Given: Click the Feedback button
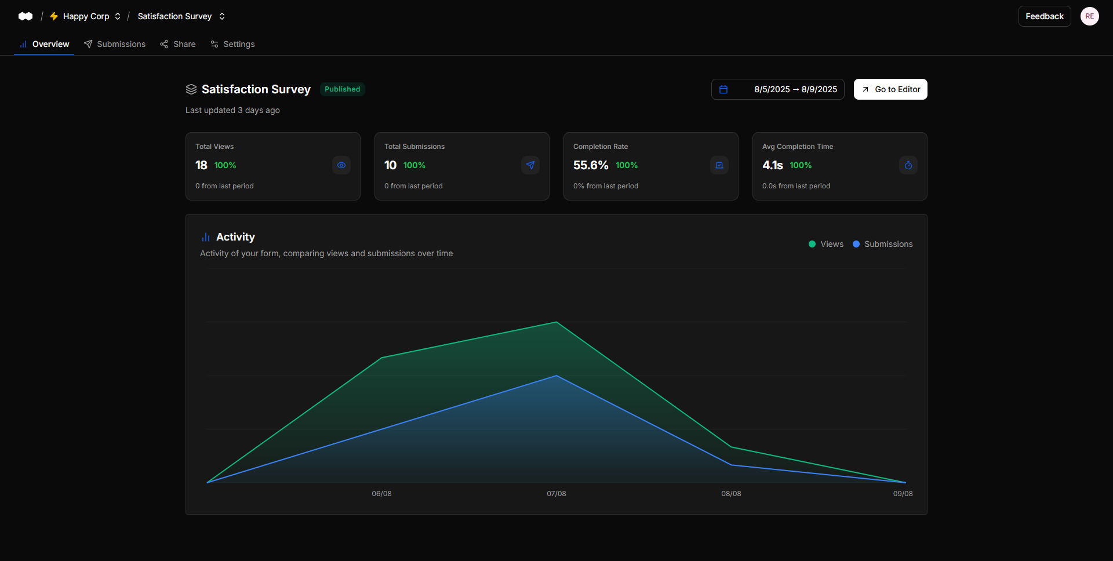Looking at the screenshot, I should point(1044,16).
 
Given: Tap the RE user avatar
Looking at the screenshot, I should point(1089,16).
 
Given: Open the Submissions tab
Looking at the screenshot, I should point(115,44).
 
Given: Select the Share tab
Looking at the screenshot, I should point(178,44).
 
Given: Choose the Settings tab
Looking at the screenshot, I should point(232,44).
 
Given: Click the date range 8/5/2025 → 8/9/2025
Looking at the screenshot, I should point(777,89).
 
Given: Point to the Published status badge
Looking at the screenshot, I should point(342,89).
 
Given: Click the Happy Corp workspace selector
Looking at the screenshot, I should point(86,16).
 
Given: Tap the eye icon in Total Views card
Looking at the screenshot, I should point(341,165).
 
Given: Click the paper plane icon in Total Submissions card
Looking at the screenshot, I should point(530,165).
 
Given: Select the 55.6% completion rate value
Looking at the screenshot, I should point(591,165).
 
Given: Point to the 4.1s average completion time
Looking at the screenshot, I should point(772,165).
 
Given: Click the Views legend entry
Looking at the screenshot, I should point(826,244).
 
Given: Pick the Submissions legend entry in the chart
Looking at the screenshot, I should point(882,244).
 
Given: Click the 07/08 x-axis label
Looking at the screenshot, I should point(556,494).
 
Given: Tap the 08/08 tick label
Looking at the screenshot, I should point(731,494).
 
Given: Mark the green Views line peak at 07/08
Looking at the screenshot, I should point(556,322).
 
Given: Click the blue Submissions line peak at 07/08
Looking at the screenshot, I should point(556,376).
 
